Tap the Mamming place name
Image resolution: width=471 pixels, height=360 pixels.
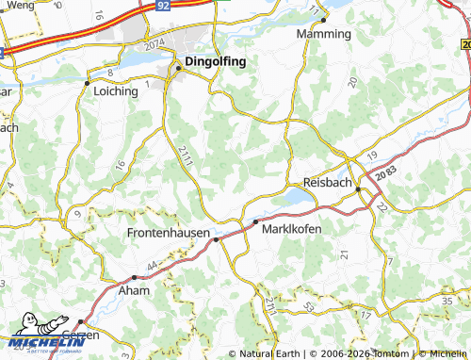pyautogui.click(x=323, y=34)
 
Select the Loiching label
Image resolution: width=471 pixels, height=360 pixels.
pyautogui.click(x=117, y=92)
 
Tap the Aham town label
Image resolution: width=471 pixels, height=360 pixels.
pyautogui.click(x=132, y=292)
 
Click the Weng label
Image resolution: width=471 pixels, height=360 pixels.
pyautogui.click(x=18, y=7)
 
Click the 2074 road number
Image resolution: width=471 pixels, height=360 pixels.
pyautogui.click(x=154, y=45)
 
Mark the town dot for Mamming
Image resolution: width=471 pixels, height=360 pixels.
pyautogui.click(x=323, y=20)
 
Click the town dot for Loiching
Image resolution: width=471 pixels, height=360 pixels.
pyautogui.click(x=88, y=81)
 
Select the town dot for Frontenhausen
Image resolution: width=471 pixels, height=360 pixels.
pyautogui.click(x=216, y=239)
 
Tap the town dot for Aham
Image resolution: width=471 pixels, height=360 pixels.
pyautogui.click(x=135, y=277)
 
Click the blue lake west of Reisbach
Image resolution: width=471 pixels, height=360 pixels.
pyautogui.click(x=295, y=196)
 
